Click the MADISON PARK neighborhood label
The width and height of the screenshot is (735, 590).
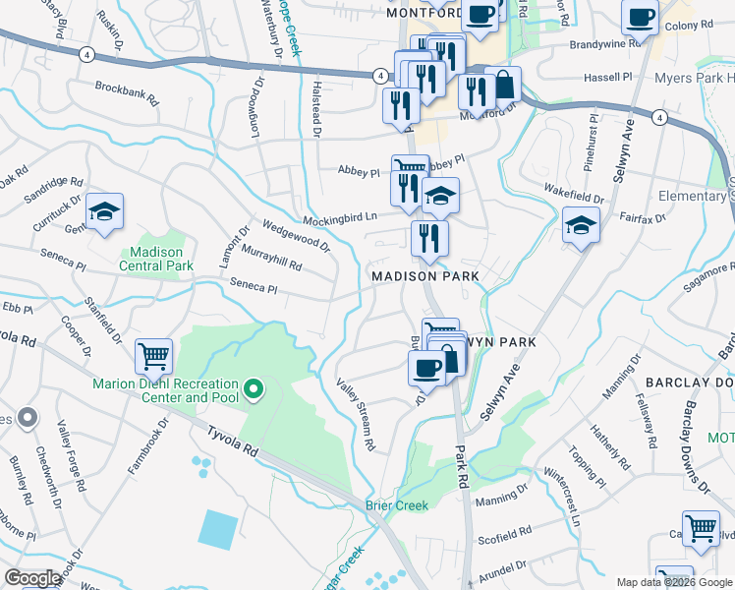425,276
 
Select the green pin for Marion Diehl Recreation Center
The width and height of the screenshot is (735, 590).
254,390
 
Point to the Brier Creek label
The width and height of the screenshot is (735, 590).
397,506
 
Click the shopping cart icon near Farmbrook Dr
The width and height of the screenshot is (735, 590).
154,358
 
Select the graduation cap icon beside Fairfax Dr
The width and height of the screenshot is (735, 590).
581,226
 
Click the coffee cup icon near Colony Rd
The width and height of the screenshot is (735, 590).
640,18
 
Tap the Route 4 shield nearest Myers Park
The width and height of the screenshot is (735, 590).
658,118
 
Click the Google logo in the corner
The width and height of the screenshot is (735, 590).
33,578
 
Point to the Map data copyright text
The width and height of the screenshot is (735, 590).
673,582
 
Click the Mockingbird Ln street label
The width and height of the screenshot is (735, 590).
339,217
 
